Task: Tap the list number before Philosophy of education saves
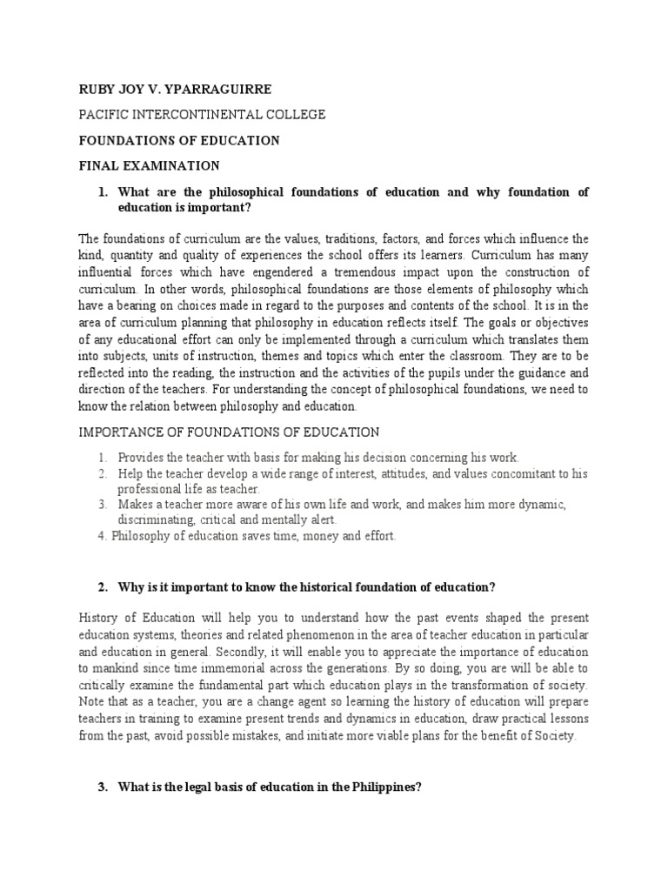coord(102,536)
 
